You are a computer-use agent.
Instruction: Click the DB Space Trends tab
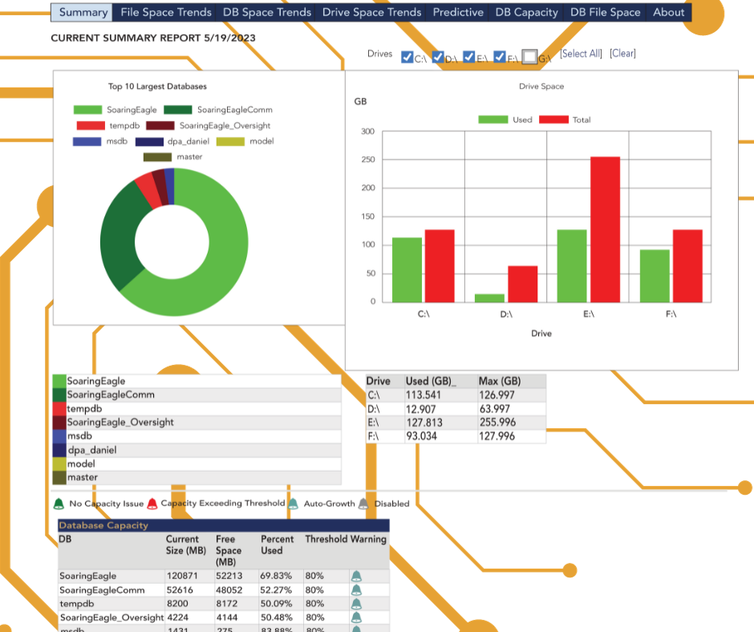point(266,12)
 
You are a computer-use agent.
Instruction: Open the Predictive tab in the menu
point(458,12)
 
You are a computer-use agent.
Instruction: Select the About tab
point(668,12)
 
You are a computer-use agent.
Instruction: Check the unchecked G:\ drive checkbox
point(529,57)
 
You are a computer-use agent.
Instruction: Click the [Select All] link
point(581,54)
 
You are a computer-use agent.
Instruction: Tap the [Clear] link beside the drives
point(622,54)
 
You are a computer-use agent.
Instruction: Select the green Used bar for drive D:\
point(489,298)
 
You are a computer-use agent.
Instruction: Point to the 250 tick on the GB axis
point(367,160)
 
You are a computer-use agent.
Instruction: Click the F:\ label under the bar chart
point(671,314)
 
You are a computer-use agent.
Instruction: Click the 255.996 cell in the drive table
point(497,423)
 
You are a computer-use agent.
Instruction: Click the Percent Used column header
point(278,545)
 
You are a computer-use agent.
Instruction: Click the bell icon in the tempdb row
point(356,604)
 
